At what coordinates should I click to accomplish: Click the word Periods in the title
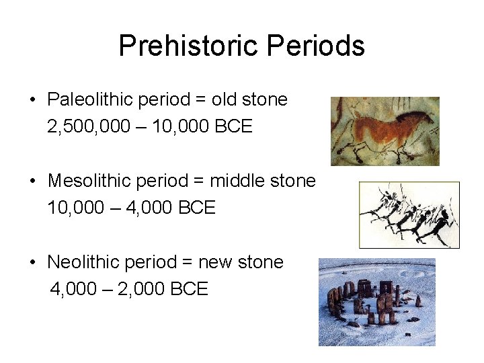tap(315, 46)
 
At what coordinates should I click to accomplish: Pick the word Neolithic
tap(81, 262)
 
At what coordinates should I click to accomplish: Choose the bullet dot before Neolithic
tap(32, 263)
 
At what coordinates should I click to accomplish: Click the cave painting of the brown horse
tap(385, 131)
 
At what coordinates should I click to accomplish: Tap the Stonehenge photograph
tap(376, 302)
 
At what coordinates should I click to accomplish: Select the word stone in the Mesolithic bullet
tap(290, 182)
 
